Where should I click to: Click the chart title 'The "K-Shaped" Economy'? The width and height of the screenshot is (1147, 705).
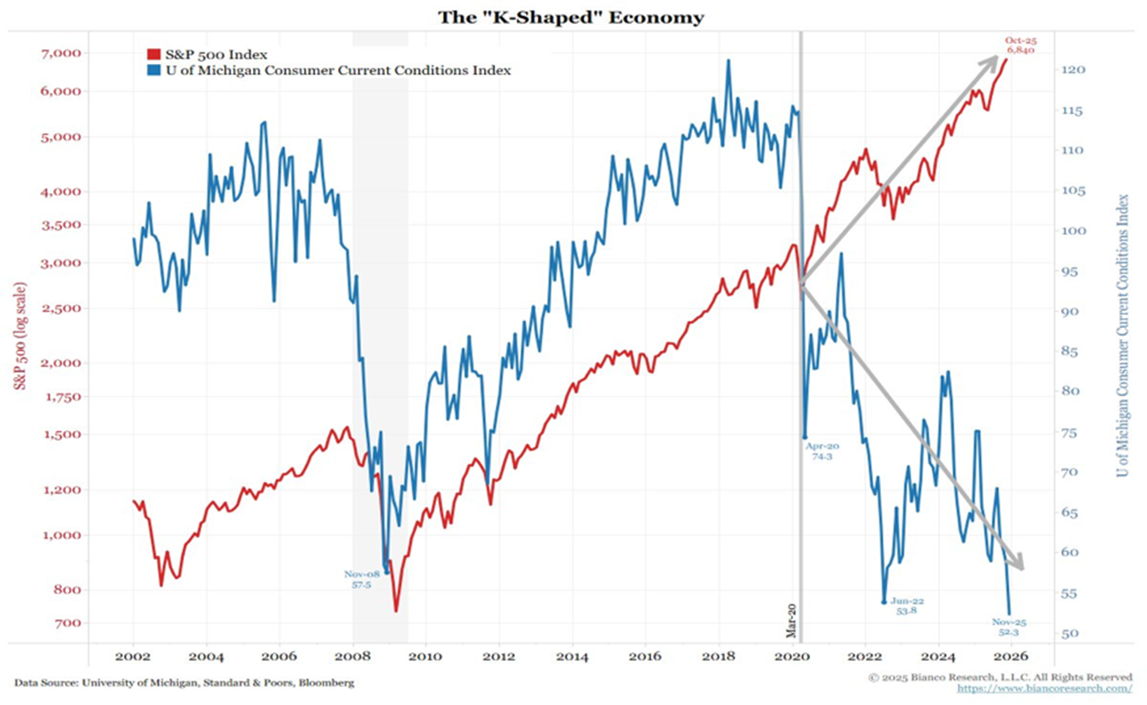pos(573,17)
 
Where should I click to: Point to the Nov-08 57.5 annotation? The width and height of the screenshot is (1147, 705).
pos(362,579)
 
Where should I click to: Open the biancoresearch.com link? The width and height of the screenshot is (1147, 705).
pos(1045,689)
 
